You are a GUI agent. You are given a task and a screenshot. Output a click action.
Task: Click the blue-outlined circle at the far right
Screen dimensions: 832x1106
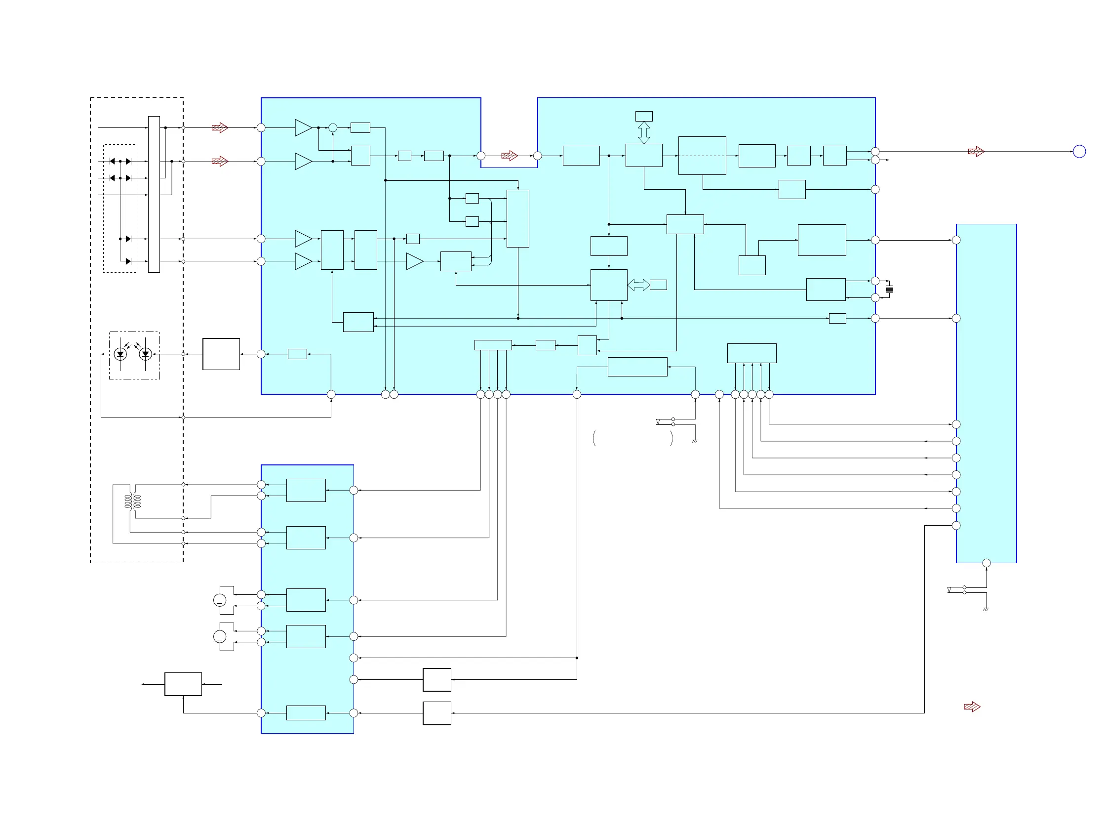1079,151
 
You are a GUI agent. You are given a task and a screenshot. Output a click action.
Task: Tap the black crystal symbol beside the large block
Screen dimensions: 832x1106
890,289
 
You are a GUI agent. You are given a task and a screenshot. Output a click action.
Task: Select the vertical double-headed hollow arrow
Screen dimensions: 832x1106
644,132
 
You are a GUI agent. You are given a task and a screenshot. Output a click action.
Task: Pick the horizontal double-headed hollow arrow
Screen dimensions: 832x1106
638,285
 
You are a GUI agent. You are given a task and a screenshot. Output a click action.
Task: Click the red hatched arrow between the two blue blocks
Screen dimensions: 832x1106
509,156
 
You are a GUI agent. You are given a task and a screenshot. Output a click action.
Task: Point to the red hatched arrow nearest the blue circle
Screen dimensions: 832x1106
976,151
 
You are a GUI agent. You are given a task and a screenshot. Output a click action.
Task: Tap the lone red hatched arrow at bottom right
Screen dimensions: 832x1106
972,707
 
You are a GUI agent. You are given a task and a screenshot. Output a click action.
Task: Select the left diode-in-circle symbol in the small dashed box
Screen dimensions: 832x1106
120,354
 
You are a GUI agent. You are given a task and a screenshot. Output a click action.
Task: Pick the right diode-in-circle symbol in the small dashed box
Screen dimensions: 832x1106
146,354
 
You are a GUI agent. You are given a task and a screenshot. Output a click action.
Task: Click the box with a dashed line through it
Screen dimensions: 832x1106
702,156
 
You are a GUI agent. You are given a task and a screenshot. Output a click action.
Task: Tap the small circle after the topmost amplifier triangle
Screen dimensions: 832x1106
333,127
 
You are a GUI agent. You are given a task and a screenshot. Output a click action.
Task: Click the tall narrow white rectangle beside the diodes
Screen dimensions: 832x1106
154,194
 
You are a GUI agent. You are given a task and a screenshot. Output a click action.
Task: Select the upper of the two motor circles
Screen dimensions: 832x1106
220,600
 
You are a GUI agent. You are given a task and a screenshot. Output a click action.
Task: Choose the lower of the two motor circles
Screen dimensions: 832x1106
220,636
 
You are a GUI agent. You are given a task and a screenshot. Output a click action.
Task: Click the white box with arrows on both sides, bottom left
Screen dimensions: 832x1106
183,684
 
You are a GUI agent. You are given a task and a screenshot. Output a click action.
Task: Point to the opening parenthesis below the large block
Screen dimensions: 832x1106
594,438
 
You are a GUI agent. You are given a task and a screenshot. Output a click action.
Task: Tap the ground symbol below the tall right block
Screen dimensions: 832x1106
986,609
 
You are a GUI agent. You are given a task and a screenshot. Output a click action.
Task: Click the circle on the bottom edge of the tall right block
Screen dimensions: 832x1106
987,563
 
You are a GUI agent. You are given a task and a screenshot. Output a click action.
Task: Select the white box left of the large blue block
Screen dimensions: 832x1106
221,354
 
